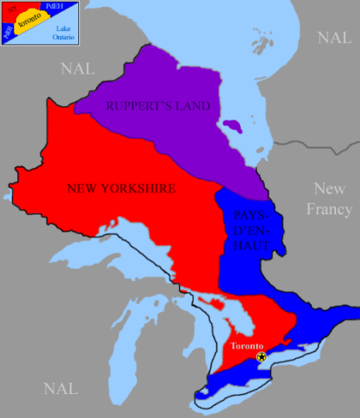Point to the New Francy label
click(x=332, y=199)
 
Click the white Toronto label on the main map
click(x=246, y=346)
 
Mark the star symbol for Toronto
click(x=261, y=357)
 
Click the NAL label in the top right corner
click(x=334, y=38)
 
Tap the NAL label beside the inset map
click(x=78, y=69)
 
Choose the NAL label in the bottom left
click(x=62, y=389)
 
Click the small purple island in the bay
click(x=232, y=126)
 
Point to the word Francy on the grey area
click(x=332, y=209)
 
